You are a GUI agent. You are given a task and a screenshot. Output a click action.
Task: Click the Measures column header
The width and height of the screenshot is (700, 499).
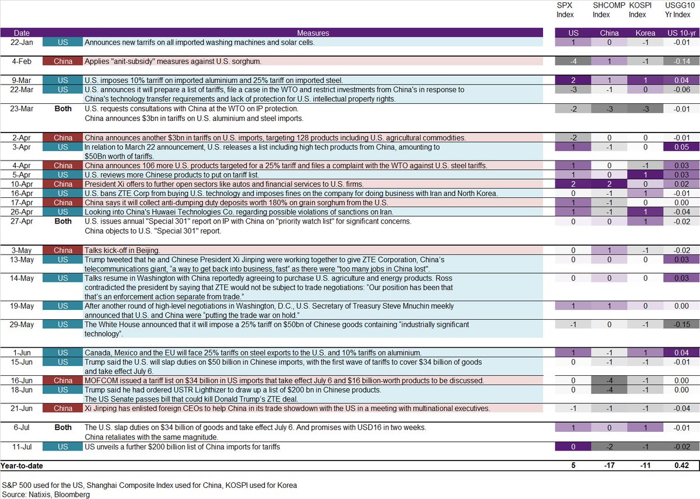coord(313,33)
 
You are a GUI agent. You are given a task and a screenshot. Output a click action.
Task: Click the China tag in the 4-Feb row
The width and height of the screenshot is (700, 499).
coord(62,61)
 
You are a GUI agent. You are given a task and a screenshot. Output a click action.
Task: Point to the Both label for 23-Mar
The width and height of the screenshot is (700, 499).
coord(62,109)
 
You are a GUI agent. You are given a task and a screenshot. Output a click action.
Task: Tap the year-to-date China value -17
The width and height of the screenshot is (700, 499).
coord(610,466)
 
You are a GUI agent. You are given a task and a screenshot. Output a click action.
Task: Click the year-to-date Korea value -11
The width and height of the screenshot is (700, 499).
coord(645,466)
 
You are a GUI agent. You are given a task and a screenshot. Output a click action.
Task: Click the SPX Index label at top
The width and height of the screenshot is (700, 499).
coord(565,10)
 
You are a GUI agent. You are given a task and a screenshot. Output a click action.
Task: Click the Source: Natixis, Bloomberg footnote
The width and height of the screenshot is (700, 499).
coord(45,494)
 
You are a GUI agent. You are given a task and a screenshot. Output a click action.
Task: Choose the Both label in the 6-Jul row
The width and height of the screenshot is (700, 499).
coord(62,427)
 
